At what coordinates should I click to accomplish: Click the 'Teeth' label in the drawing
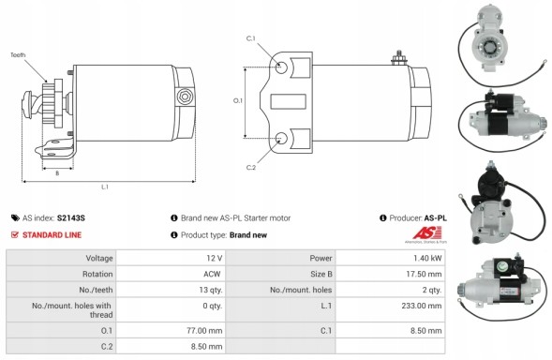(x=18, y=55)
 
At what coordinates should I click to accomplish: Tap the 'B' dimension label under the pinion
(x=58, y=172)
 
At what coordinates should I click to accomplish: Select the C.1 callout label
(x=251, y=38)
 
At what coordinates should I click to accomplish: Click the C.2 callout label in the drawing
(x=251, y=167)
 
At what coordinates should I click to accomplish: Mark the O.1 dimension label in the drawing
(x=237, y=100)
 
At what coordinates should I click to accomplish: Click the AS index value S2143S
(x=71, y=217)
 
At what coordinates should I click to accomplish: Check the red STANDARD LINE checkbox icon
(x=15, y=234)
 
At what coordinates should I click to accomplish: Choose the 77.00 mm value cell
(x=207, y=331)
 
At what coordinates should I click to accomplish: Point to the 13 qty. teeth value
(x=210, y=290)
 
